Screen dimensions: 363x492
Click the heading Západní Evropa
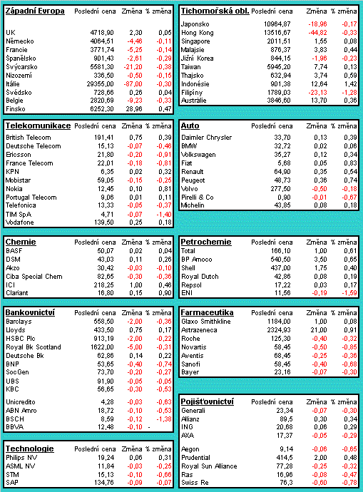(x=35, y=11)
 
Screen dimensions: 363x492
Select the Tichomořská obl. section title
(x=215, y=11)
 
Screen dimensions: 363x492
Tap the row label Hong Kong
(x=198, y=33)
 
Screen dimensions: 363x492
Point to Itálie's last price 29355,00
(x=100, y=84)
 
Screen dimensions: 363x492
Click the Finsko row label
(x=16, y=109)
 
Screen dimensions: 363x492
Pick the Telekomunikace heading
(x=38, y=125)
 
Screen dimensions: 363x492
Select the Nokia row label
(x=14, y=189)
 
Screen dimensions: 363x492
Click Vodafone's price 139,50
(x=104, y=222)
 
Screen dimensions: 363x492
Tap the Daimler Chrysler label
(x=206, y=138)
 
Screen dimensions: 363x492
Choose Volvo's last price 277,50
(x=281, y=189)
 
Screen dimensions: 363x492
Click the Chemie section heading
(x=21, y=242)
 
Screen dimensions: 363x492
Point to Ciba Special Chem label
(x=34, y=277)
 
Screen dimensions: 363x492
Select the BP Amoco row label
(x=197, y=260)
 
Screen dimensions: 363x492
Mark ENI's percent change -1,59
(x=349, y=293)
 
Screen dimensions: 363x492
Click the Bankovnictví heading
(x=30, y=312)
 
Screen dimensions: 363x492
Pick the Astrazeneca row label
(x=199, y=330)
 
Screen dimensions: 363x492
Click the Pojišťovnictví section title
(x=208, y=401)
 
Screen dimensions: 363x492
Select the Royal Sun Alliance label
(x=209, y=466)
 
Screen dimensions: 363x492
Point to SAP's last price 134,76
(x=104, y=483)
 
